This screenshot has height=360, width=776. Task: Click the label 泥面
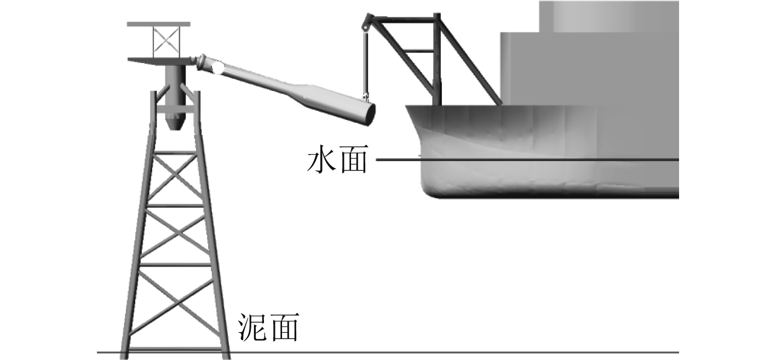coord(268,329)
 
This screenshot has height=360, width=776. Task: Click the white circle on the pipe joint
coord(217,68)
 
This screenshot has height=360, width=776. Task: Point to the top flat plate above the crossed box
coord(158,24)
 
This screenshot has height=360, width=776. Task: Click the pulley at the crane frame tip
coord(365,25)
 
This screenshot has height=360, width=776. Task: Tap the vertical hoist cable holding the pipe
coord(365,60)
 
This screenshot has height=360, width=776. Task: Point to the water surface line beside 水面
coord(520,159)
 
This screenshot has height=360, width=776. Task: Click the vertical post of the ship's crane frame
coord(436,60)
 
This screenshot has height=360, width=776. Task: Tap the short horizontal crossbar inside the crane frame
coord(420,51)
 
